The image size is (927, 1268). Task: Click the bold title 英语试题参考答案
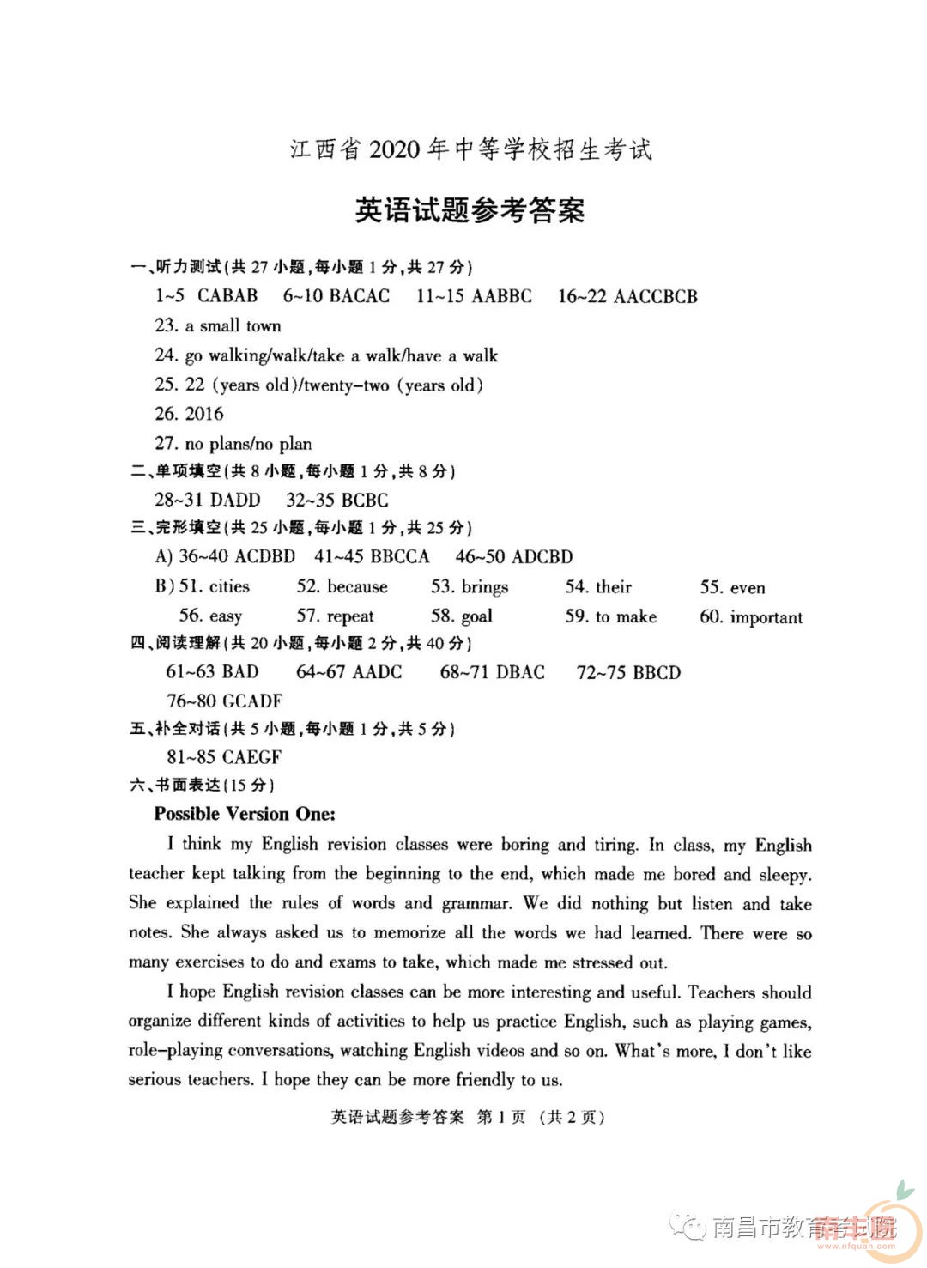click(x=470, y=210)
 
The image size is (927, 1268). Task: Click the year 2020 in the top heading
click(x=394, y=149)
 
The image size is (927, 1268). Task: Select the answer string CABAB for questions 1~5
click(x=227, y=296)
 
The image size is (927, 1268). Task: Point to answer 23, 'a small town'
click(x=233, y=326)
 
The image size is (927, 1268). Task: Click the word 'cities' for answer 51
click(x=229, y=586)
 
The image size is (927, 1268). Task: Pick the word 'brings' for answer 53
click(x=485, y=587)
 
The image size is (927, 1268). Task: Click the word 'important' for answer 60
click(x=766, y=617)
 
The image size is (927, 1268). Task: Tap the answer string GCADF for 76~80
click(x=252, y=701)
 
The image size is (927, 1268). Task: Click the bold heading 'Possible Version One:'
click(x=245, y=814)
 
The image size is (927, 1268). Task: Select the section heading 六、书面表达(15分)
click(x=203, y=785)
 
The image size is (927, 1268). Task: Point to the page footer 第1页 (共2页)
click(x=541, y=1117)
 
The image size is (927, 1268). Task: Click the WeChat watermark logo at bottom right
click(x=688, y=1227)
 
